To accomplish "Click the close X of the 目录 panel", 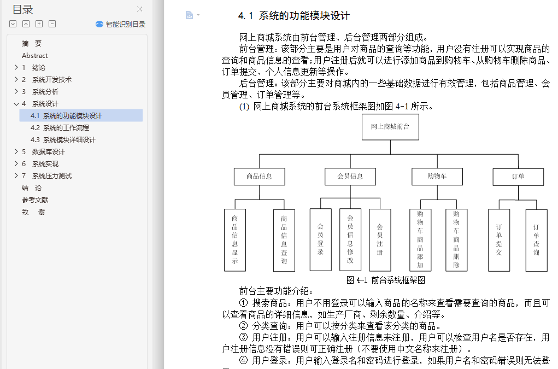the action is click(x=139, y=9).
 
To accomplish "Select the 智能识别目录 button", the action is click(x=121, y=24).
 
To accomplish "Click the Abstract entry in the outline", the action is click(x=35, y=56).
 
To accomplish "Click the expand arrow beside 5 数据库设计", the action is click(x=16, y=151).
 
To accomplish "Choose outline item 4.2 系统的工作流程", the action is click(x=60, y=128).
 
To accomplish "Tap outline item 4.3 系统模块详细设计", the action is click(x=63, y=140).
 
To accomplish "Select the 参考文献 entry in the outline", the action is click(x=35, y=200).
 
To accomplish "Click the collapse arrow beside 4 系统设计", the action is click(x=16, y=104).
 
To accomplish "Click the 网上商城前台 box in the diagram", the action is click(x=390, y=127).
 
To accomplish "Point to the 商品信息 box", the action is click(x=260, y=177).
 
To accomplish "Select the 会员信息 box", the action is click(x=350, y=177).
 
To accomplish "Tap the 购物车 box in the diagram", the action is click(x=437, y=177).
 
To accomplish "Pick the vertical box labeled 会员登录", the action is click(x=321, y=240).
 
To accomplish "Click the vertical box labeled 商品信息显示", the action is click(x=235, y=240).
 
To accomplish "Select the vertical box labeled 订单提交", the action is click(x=499, y=240).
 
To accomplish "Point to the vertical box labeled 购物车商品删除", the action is click(x=456, y=240).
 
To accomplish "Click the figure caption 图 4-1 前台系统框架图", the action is click(x=386, y=280).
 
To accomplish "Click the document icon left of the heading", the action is click(x=189, y=15).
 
